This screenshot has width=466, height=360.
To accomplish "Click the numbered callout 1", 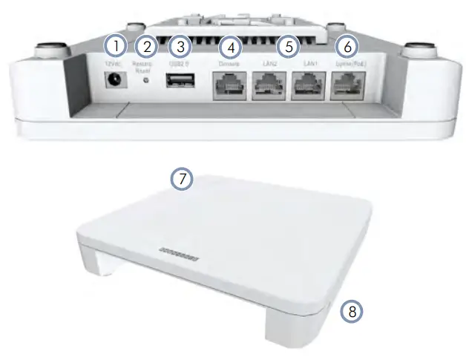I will pyautogui.click(x=115, y=46).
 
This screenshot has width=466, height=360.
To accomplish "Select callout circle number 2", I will pyautogui.click(x=147, y=46).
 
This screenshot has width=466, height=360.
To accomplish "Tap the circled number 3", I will pyautogui.click(x=179, y=46).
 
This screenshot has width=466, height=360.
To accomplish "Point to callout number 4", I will pyautogui.click(x=232, y=46).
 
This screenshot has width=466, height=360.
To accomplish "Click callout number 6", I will pyautogui.click(x=345, y=46).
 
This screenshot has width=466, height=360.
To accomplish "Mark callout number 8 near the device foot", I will pyautogui.click(x=352, y=312).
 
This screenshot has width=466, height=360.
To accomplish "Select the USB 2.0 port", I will pyautogui.click(x=179, y=86).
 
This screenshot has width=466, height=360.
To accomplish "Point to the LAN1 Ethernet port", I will pyautogui.click(x=311, y=89).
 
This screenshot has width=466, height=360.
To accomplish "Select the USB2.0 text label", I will pyautogui.click(x=179, y=65).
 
